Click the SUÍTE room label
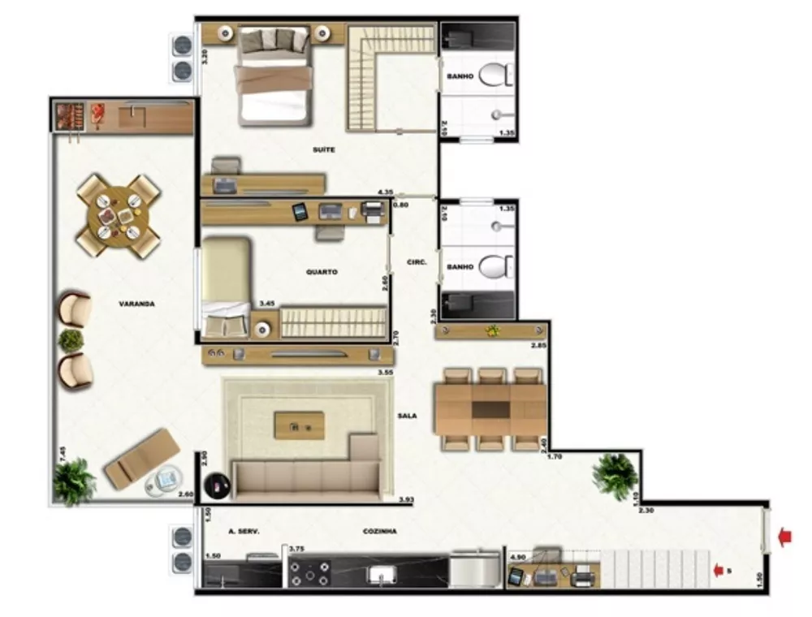click(x=323, y=150)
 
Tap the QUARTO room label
click(x=322, y=272)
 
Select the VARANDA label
click(x=136, y=304)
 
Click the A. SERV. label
click(x=244, y=531)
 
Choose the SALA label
click(x=407, y=416)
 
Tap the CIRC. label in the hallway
click(x=417, y=262)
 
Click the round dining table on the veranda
click(x=119, y=215)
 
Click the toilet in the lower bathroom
click(x=496, y=265)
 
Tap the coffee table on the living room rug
click(x=299, y=425)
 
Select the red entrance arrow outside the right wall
click(x=784, y=537)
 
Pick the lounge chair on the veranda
click(x=142, y=458)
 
